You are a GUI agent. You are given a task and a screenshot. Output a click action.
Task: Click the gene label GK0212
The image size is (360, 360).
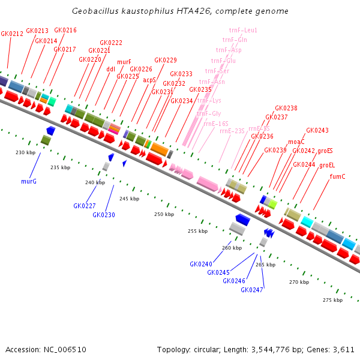click(x=12, y=34)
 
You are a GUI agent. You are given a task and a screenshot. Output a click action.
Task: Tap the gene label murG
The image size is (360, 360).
click(x=29, y=181)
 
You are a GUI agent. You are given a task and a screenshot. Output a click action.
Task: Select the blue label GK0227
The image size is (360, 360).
click(x=85, y=206)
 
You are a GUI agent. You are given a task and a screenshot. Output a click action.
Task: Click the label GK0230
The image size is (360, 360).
click(x=104, y=215)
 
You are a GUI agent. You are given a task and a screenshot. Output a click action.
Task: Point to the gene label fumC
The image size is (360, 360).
click(x=338, y=176)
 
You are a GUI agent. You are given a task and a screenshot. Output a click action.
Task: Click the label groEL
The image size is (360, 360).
click(x=328, y=165)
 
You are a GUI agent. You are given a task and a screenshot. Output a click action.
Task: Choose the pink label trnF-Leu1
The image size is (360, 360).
click(x=243, y=30)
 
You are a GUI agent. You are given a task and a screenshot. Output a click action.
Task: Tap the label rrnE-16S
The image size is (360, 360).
click(x=215, y=124)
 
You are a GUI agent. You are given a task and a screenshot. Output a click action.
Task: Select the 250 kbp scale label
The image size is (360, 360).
click(x=163, y=214)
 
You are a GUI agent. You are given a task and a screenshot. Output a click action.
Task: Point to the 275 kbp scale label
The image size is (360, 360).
click(x=332, y=300)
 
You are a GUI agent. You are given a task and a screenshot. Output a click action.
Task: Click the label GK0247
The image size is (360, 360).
click(x=252, y=290)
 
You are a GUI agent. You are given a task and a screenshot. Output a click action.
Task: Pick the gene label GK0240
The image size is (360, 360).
click(x=201, y=264)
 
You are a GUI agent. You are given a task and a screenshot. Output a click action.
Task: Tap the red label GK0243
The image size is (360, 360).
click(x=317, y=130)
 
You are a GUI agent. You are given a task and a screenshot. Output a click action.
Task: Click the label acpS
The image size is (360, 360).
click(x=149, y=80)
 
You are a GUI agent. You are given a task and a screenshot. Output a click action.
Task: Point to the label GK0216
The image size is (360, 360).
click(x=65, y=30)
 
